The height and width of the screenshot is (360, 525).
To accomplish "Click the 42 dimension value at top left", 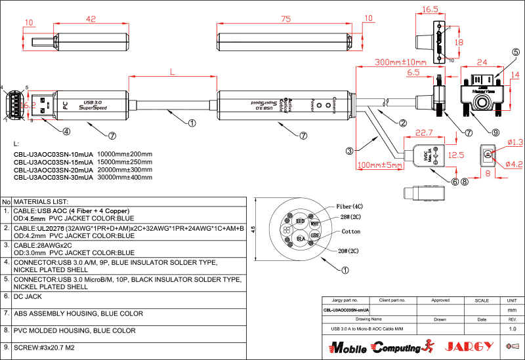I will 91,19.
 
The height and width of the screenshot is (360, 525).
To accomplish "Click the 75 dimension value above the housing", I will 285,19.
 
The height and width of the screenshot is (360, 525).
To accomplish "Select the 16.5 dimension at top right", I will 430,10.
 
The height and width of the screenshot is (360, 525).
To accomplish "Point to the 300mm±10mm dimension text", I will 398,62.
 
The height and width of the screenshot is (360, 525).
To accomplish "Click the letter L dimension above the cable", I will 172,70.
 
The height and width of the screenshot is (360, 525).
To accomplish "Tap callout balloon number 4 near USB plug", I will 66,131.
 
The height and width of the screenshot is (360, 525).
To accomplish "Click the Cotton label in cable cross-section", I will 351,232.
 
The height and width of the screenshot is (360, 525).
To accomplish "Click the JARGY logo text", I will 469,346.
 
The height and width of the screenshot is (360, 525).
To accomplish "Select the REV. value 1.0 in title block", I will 513,328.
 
